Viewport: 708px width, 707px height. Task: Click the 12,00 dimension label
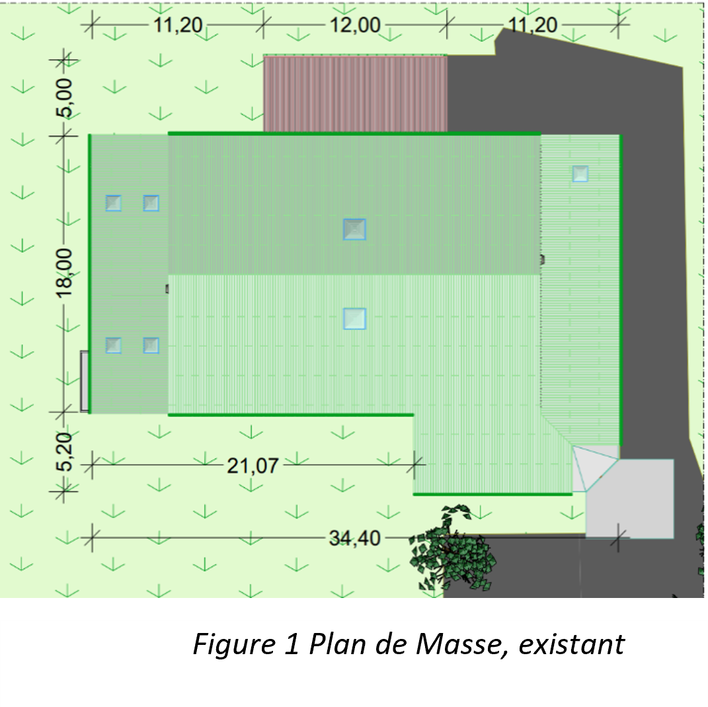(x=356, y=25)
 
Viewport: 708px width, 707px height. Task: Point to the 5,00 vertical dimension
(x=64, y=97)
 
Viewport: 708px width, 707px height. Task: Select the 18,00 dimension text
(x=64, y=272)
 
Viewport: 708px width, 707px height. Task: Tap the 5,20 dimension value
(x=64, y=452)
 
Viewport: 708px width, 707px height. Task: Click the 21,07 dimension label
(x=253, y=466)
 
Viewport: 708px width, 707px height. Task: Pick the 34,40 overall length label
(x=355, y=538)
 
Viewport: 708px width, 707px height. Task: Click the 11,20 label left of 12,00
(x=178, y=25)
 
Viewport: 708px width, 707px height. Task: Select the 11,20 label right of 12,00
(x=533, y=25)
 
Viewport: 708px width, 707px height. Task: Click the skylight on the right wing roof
(x=580, y=173)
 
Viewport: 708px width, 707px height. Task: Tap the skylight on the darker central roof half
(x=354, y=229)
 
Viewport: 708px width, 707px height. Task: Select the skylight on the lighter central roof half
(x=354, y=318)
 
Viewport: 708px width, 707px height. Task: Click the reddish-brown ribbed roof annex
(x=356, y=93)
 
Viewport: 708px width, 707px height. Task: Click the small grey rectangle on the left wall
(x=85, y=381)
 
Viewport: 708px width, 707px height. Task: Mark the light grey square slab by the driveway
(x=630, y=499)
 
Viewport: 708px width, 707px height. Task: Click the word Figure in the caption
(x=234, y=644)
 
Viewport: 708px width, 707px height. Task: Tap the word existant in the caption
(x=572, y=644)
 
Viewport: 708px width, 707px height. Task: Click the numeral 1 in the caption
(x=292, y=644)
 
